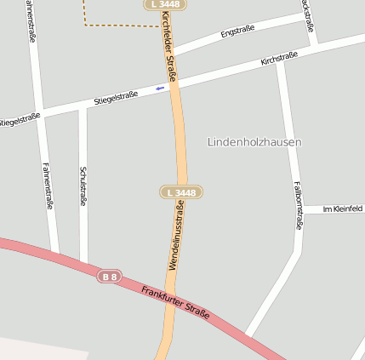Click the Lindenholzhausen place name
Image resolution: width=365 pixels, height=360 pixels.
pos(254,142)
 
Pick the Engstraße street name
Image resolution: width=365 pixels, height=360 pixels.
pos(237,31)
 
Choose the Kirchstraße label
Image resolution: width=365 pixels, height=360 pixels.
pos(279,58)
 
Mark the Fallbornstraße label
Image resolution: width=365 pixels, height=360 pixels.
pos(298,205)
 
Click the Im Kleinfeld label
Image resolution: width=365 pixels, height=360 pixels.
pos(342,209)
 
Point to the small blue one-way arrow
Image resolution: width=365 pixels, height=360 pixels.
pos(160,88)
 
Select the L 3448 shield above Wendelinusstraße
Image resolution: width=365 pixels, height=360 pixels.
pos(181,192)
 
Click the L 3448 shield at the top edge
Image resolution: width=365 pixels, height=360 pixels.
pos(165,4)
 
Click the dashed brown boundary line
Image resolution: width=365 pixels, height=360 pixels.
pos(119,26)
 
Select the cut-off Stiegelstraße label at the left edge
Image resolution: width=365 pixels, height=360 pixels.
pos(20,120)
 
